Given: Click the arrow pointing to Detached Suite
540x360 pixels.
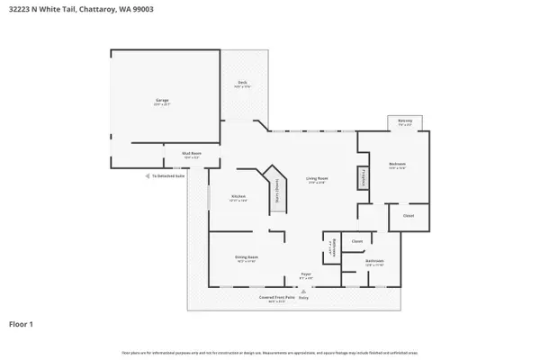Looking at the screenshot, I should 148,176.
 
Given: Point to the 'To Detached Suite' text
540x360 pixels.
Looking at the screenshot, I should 168,176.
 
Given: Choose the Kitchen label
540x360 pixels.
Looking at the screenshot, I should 238,197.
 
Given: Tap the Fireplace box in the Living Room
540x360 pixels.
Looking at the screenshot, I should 365,178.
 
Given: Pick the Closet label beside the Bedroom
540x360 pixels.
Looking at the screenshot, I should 408,217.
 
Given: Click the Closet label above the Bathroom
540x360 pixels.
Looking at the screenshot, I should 356,241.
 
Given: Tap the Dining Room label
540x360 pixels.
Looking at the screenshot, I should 247,259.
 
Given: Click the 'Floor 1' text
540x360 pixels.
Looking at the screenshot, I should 22,323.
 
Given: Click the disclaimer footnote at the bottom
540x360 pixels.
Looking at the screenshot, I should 270,352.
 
